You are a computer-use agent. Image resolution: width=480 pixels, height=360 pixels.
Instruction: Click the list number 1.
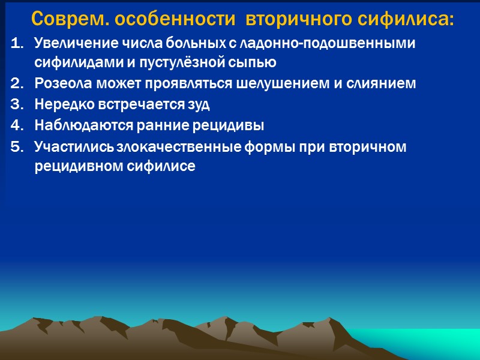pyautogui.click(x=17, y=43)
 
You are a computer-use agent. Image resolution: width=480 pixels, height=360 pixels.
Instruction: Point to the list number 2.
pyautogui.click(x=17, y=84)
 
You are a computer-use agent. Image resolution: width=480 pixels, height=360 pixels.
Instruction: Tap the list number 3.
pyautogui.click(x=17, y=105)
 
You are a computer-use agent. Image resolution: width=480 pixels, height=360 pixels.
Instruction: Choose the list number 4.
pyautogui.click(x=17, y=126)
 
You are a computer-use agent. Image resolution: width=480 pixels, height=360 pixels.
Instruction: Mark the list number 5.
pyautogui.click(x=17, y=147)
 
